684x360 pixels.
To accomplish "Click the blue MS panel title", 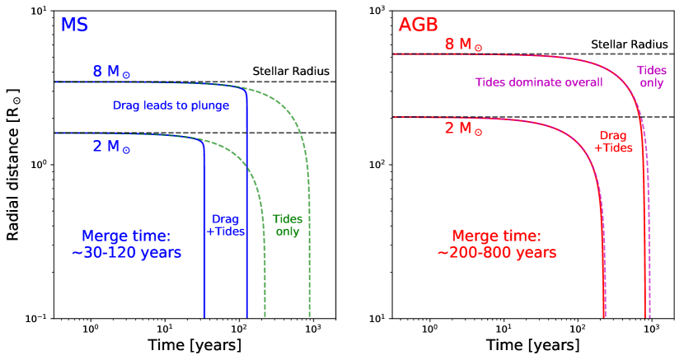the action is (74, 25).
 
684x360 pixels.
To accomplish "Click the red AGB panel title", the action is (419, 25).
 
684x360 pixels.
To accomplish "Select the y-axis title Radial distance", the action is (12, 165).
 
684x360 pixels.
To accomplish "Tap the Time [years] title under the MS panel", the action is (194, 345).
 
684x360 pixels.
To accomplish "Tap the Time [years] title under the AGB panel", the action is (533, 345).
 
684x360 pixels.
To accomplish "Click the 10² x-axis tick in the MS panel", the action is (239, 328).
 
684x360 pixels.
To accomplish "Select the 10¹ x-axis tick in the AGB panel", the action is (504, 328).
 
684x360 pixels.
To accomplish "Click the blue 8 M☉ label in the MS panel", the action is (111, 71).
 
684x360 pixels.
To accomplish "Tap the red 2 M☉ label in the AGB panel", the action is (463, 129).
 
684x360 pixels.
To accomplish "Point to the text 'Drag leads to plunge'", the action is (171, 105).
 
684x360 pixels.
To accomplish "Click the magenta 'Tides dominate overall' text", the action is (539, 82).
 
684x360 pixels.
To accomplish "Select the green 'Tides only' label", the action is (288, 225).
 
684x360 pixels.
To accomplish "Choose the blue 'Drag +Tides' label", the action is (226, 225).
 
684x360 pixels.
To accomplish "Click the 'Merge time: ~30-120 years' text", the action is (126, 244).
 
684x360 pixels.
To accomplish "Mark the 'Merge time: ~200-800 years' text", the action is (497, 244).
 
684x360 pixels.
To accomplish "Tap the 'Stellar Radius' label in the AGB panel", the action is (629, 44).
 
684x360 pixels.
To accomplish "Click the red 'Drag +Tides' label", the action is (613, 142).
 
